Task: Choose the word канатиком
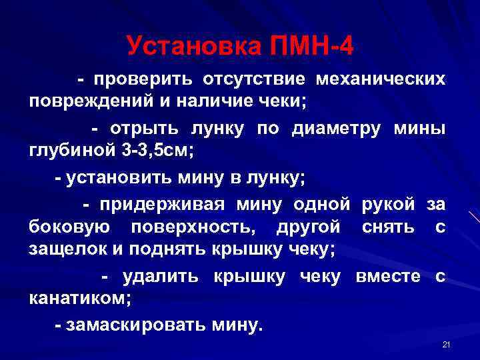click(79, 299)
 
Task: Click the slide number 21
click(447, 345)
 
